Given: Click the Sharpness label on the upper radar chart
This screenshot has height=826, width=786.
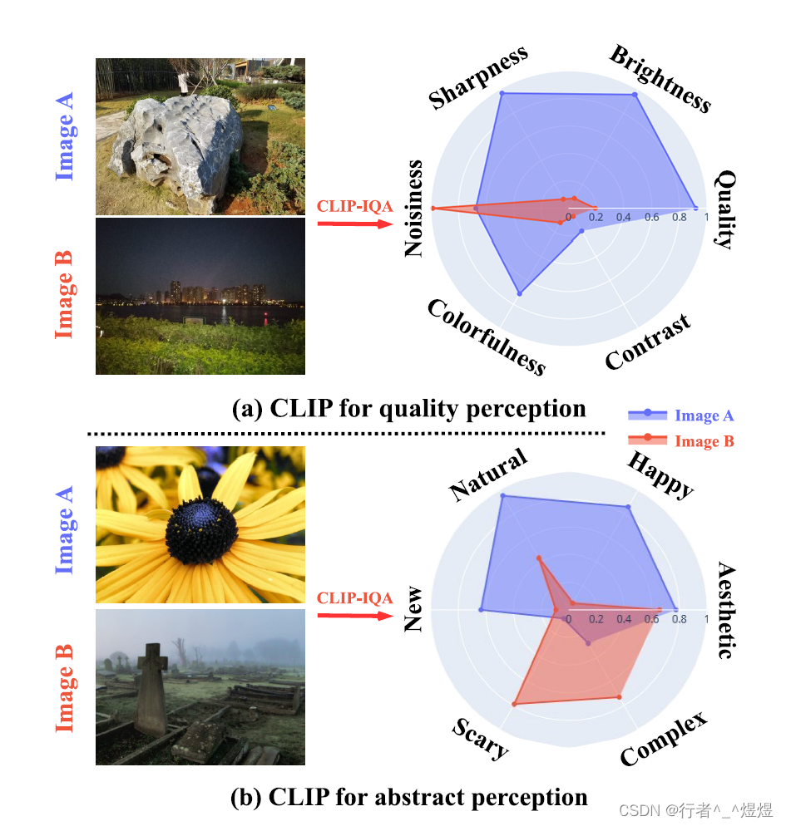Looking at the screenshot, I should click(478, 78).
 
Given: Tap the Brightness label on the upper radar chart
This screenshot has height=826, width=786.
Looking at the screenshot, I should click(660, 79).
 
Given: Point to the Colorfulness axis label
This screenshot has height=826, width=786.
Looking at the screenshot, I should click(487, 337).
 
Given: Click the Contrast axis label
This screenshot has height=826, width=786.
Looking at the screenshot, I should click(648, 342).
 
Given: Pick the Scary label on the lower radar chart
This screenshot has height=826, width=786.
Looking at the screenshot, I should click(480, 739).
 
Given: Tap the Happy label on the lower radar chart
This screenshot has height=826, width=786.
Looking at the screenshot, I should click(660, 474).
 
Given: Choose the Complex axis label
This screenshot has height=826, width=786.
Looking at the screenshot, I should click(663, 740).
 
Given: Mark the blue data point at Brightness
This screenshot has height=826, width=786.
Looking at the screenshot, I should click(635, 96).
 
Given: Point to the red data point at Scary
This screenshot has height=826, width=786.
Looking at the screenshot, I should click(514, 704).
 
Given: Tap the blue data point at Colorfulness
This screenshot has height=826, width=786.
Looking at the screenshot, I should click(520, 293).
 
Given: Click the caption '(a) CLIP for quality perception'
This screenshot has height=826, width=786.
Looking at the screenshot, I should click(408, 409).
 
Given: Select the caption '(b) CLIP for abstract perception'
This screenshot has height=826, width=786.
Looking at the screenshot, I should click(408, 797).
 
